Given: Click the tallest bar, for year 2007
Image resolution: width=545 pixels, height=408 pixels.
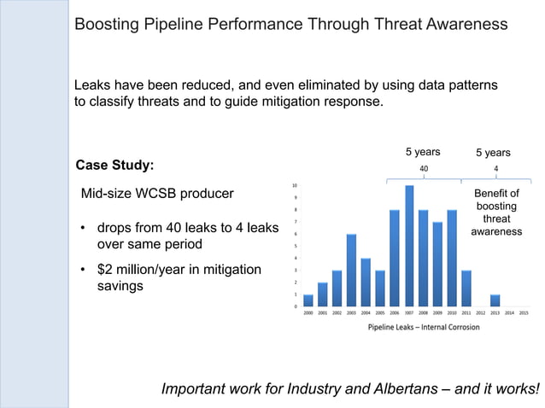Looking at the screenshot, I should tap(409, 246).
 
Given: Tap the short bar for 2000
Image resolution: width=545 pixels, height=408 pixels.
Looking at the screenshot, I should tap(308, 300).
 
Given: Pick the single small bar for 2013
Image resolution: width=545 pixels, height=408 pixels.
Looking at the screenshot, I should tap(495, 300).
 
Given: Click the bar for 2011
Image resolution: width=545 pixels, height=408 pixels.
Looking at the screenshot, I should tap(466, 289).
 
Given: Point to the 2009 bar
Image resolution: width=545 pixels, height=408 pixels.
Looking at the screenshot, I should tap(437, 264).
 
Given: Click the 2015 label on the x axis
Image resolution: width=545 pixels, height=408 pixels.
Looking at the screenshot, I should tap(524, 313).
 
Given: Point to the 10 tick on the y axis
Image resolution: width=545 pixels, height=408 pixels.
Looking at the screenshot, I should tap(296, 185).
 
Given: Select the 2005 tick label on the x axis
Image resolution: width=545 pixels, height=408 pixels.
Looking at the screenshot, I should tap(380, 313).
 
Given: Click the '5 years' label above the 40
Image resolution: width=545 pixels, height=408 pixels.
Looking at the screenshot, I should tap(422, 152).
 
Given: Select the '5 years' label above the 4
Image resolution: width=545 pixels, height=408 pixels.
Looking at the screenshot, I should tap(493, 153).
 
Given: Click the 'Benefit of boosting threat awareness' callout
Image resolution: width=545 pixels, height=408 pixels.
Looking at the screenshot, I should tap(496, 213).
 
